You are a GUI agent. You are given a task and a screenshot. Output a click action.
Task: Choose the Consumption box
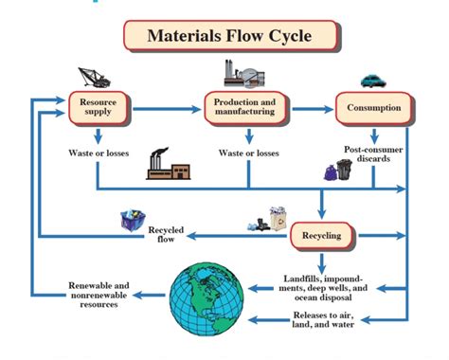click(375, 107)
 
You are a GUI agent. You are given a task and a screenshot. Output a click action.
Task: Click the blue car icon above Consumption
click(373, 81)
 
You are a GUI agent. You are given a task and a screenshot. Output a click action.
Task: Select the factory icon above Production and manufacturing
click(242, 74)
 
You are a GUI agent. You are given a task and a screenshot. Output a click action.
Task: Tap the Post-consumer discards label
click(375, 154)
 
